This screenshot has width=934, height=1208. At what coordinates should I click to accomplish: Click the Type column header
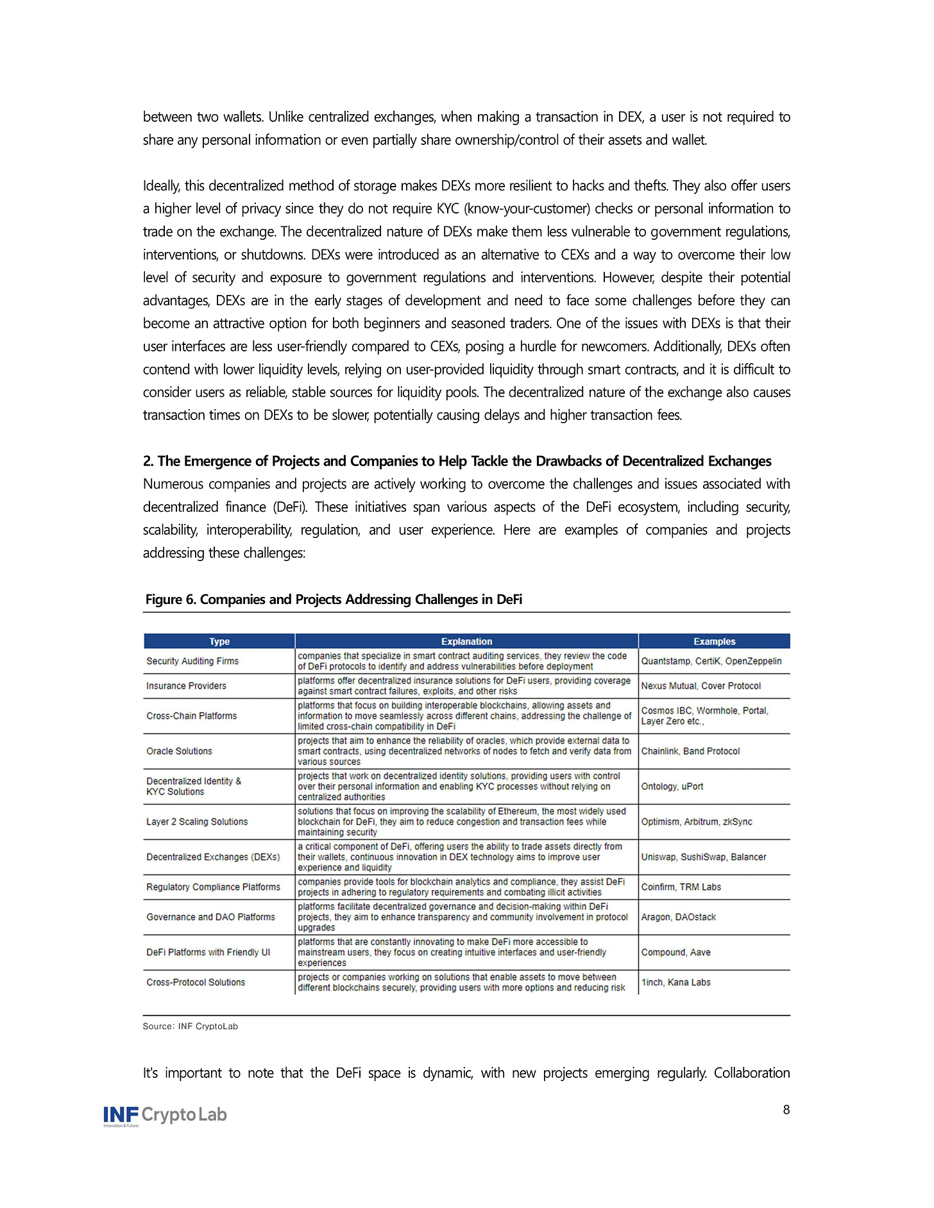pos(219,641)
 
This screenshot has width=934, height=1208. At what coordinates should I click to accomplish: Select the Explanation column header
pos(466,641)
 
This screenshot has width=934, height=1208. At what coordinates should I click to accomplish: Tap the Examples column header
pos(714,641)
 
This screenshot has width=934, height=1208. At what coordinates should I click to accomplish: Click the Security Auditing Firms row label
pos(192,661)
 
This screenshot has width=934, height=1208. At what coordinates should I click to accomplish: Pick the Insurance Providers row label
pos(186,686)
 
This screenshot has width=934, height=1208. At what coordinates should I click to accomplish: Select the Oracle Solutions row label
pos(179,751)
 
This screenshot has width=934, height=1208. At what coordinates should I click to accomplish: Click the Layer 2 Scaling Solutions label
pos(197,822)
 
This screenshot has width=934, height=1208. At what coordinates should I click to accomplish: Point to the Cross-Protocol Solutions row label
pos(196,982)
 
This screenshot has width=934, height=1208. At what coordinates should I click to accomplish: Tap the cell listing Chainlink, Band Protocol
pos(690,751)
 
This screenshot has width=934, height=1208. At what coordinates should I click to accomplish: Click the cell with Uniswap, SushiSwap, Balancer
pos(704,857)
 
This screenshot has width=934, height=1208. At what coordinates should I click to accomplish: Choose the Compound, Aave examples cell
pos(676,953)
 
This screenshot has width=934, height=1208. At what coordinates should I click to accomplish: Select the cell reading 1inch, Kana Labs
pos(676,982)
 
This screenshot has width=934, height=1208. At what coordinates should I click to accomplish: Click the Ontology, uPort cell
pos(672,787)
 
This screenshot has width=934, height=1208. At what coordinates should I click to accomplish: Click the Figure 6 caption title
pos(334,600)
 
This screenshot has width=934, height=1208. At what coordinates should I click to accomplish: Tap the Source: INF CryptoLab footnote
pos(190,1027)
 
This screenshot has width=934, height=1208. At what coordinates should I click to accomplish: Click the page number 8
pos(786,1110)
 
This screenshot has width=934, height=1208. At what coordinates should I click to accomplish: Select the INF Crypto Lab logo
pos(166,1116)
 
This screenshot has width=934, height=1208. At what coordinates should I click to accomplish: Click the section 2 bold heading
pos(457,461)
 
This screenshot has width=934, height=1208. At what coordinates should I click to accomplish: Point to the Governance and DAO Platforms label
pos(210,918)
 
